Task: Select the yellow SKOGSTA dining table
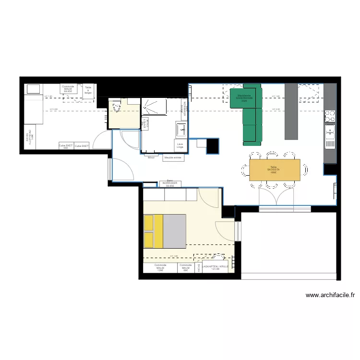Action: click(x=275, y=169)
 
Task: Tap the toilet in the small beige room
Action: click(x=116, y=108)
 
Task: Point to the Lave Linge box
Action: click(x=180, y=145)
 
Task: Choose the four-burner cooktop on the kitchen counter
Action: click(x=330, y=116)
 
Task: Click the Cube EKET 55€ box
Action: click(x=66, y=146)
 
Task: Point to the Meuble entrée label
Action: click(x=173, y=157)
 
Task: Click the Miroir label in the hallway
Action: click(x=151, y=157)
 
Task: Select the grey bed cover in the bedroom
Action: click(x=174, y=231)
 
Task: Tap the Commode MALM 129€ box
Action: click(x=160, y=268)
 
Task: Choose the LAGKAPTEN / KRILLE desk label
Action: click(x=211, y=267)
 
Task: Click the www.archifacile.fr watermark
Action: click(x=330, y=296)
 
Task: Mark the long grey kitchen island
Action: click(x=291, y=111)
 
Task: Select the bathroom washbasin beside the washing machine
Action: click(x=181, y=129)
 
